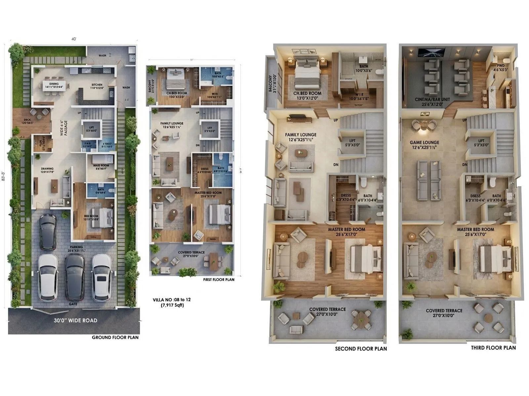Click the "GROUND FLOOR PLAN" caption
pyautogui.click(x=115, y=337)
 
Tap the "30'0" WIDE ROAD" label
pyautogui.click(x=75, y=320)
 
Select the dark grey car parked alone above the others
pyautogui.click(x=47, y=232)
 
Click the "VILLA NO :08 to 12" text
pyautogui.click(x=172, y=300)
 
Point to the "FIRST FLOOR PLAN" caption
pyautogui.click(x=219, y=280)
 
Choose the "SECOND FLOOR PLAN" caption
pyautogui.click(x=361, y=348)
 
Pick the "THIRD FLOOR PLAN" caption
pyautogui.click(x=493, y=347)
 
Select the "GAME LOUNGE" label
pyautogui.click(x=424, y=143)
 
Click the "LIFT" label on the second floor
pyautogui.click(x=352, y=141)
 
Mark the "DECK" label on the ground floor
pyautogui.click(x=27, y=120)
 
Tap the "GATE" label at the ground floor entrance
pyautogui.click(x=73, y=304)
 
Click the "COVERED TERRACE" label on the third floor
pyautogui.click(x=444, y=311)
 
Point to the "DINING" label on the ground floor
pyautogui.click(x=54, y=84)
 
